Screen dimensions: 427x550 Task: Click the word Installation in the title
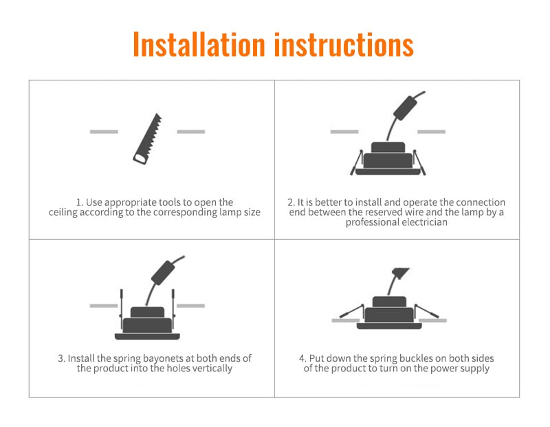tap(199, 45)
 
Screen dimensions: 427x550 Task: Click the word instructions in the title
tap(344, 45)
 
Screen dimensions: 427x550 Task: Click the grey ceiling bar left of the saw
tap(104, 131)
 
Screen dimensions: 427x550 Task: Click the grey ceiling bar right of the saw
tap(190, 131)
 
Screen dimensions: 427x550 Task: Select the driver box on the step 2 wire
tap(404, 107)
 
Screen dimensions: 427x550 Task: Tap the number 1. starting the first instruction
tap(80, 202)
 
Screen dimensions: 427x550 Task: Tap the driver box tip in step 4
tap(397, 272)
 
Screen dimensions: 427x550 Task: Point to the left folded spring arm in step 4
tap(351, 311)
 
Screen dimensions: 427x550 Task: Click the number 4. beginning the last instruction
tap(303, 358)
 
